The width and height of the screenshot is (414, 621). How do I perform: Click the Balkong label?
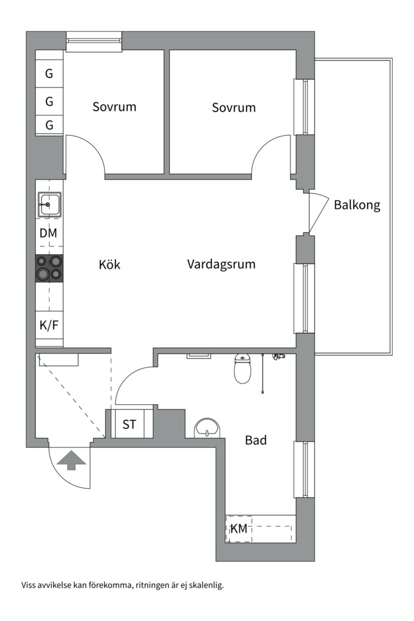(357, 205)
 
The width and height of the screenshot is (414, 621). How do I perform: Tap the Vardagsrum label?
(221, 264)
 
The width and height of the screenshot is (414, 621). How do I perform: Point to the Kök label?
(109, 264)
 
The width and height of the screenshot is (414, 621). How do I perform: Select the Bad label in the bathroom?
(255, 440)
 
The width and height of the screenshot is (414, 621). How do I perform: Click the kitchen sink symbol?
(49, 204)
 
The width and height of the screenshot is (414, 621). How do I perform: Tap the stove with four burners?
(49, 268)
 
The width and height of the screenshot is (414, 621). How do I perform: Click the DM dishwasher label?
(48, 233)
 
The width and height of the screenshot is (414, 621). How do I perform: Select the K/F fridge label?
(49, 325)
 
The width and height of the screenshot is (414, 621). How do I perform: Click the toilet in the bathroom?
(243, 369)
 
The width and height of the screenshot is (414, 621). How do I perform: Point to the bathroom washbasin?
(207, 428)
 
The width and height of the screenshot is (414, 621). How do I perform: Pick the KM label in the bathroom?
(239, 528)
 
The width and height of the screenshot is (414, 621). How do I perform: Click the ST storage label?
(129, 424)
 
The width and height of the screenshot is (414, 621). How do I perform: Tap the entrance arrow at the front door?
(71, 460)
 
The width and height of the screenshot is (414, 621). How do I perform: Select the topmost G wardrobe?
(49, 74)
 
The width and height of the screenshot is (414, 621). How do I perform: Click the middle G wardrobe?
(49, 102)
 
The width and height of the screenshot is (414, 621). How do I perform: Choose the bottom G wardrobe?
(49, 125)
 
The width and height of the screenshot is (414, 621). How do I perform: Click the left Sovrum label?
(114, 106)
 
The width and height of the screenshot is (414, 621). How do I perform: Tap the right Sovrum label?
(234, 108)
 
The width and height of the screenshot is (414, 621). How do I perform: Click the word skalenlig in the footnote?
(207, 585)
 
